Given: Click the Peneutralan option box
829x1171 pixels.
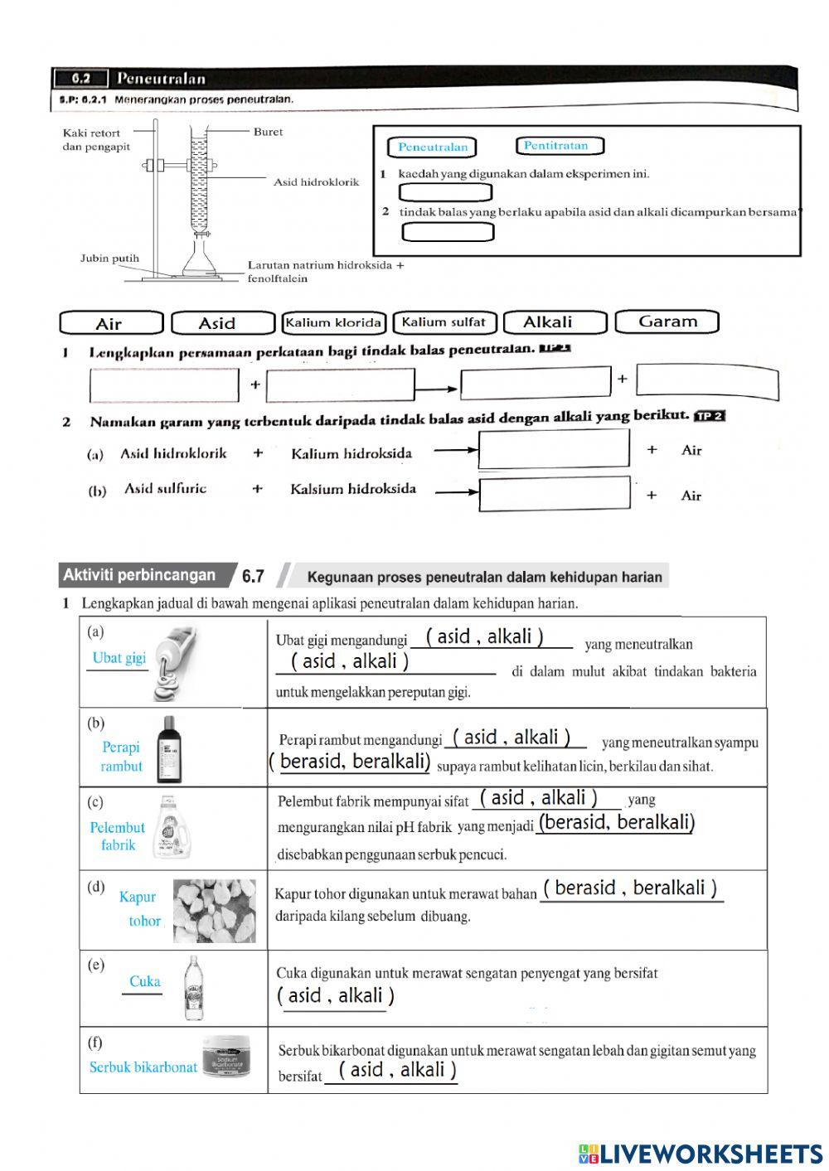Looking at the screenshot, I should click(432, 148).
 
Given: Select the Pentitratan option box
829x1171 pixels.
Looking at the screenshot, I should click(559, 146).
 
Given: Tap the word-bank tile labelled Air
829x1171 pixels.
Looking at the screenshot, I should click(111, 323).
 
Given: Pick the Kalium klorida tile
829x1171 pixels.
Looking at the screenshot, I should click(334, 322).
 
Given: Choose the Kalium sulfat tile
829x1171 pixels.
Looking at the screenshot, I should click(444, 322).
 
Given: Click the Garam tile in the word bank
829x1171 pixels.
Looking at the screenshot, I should click(667, 322).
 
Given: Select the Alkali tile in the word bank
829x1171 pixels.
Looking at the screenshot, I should click(554, 322).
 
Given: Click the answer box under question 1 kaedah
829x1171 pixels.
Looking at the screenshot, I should click(445, 192).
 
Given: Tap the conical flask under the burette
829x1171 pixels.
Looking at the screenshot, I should click(199, 259).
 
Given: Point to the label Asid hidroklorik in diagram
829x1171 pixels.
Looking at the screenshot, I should click(316, 182).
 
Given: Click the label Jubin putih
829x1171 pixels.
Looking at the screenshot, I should click(109, 259).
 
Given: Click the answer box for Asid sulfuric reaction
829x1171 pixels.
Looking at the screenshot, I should click(554, 494).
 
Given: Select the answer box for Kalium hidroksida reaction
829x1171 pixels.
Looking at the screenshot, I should click(554, 450).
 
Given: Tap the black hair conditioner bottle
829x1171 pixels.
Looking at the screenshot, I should click(169, 749).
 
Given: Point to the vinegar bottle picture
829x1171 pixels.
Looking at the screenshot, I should click(193, 988).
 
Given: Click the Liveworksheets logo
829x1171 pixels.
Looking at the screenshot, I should click(701, 1153).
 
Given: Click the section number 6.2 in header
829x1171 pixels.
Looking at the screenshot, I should click(80, 79).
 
